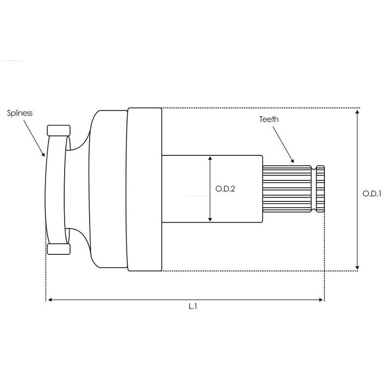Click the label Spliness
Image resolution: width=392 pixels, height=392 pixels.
pyautogui.click(x=20, y=113)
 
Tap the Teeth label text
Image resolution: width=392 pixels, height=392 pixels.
pyautogui.click(x=269, y=119)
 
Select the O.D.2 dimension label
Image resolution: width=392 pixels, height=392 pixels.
pyautogui.click(x=225, y=189)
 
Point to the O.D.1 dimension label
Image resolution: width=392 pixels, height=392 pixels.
pyautogui.click(x=372, y=194)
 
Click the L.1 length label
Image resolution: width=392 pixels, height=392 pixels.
pyautogui.click(x=193, y=306)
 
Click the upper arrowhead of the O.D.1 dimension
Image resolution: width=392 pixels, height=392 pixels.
pyautogui.click(x=358, y=112)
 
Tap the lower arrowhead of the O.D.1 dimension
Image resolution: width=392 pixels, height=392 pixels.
pyautogui.click(x=358, y=267)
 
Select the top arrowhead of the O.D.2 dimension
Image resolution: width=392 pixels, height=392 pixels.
pyautogui.click(x=210, y=158)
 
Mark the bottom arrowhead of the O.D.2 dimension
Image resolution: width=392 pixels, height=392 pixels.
pyautogui.click(x=210, y=219)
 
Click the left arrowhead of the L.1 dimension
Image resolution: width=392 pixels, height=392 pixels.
pyautogui.click(x=50, y=299)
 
